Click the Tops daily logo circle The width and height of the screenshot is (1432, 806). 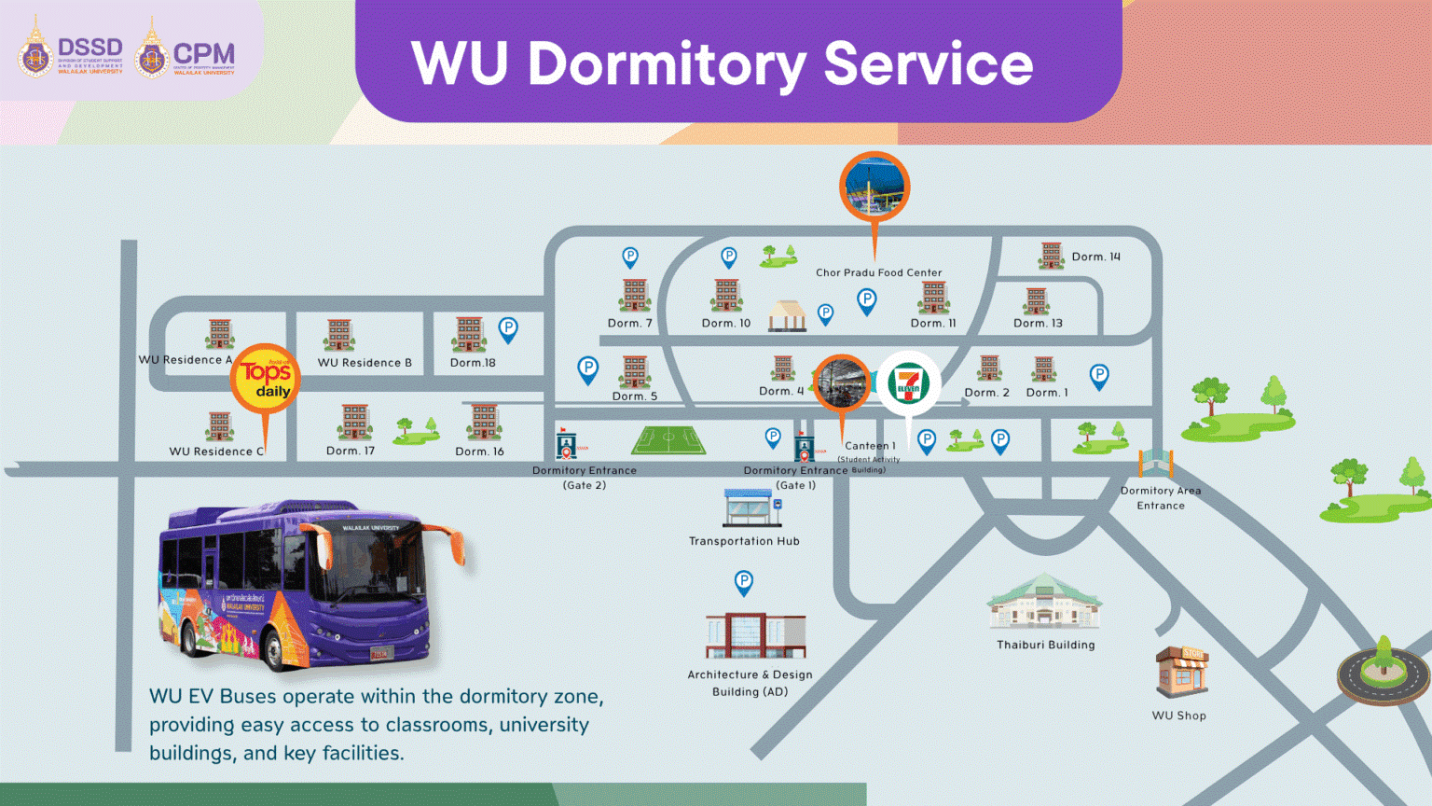click(x=266, y=378)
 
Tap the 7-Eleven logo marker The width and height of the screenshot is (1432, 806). click(x=908, y=383)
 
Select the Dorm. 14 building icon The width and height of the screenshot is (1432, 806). click(x=1052, y=256)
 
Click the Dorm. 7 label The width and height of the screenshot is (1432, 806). click(x=630, y=324)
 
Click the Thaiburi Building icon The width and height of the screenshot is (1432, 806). click(x=1045, y=603)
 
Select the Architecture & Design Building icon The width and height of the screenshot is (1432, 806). click(x=756, y=635)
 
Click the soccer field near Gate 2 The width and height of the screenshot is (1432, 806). click(x=668, y=440)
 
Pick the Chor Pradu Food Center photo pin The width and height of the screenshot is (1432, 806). click(x=874, y=187)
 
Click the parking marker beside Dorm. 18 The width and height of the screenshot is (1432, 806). click(x=508, y=328)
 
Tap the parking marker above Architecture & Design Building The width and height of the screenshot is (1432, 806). click(x=743, y=582)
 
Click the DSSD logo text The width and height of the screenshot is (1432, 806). click(x=90, y=48)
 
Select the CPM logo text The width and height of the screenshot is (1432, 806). click(x=204, y=54)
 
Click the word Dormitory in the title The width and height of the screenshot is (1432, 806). click(x=667, y=64)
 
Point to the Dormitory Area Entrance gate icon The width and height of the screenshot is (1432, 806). click(x=1155, y=462)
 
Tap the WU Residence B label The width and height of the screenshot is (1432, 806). click(x=365, y=363)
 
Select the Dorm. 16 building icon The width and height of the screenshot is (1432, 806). click(x=484, y=423)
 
